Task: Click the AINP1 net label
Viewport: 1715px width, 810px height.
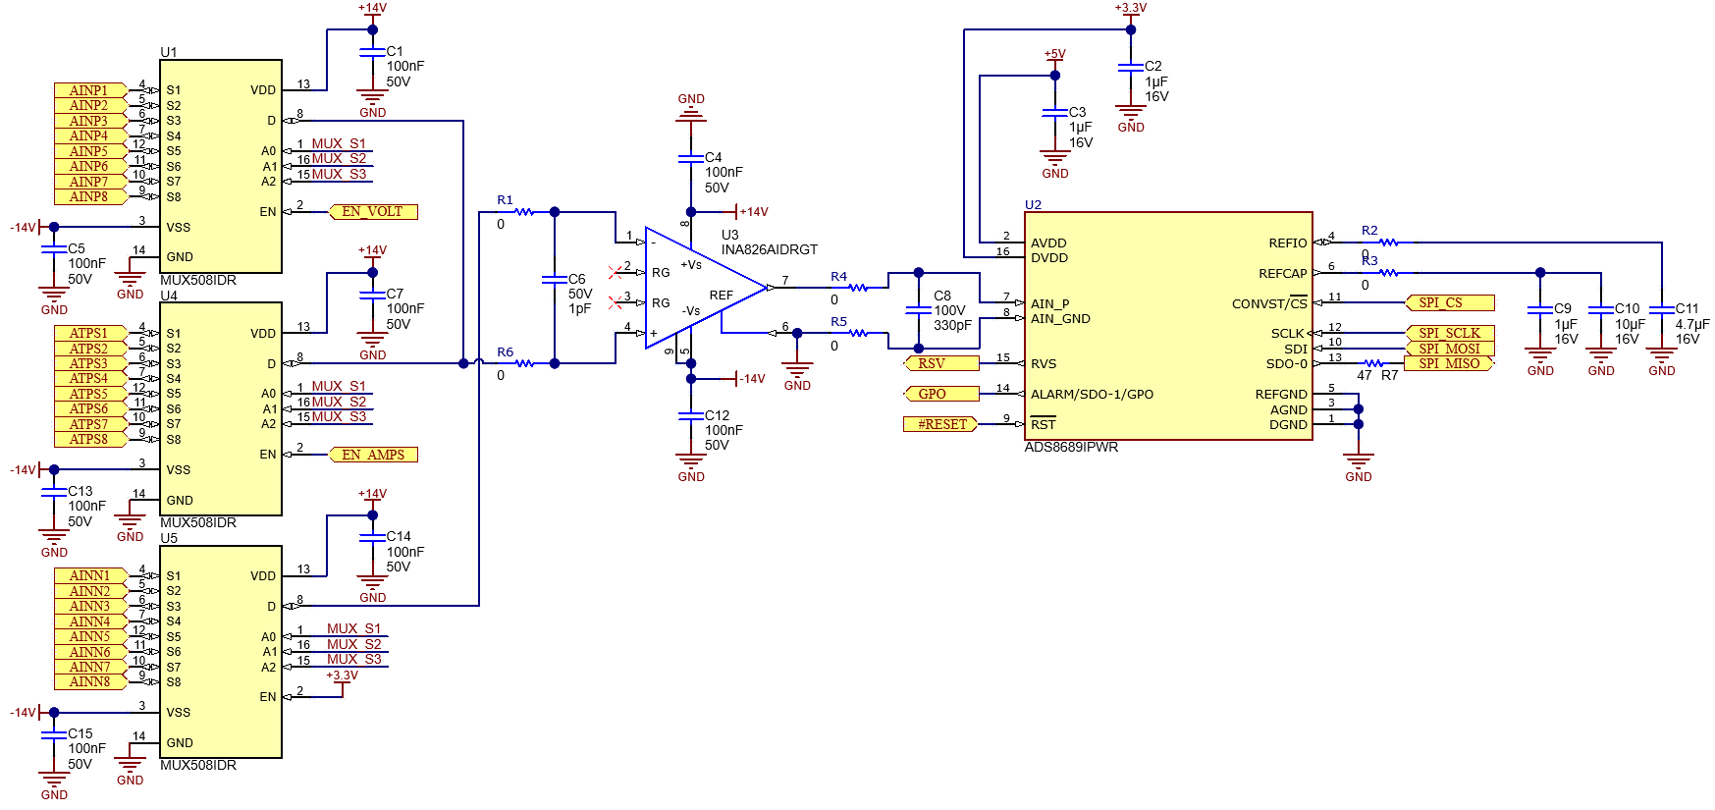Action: (89, 90)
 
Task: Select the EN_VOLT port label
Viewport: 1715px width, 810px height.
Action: (372, 211)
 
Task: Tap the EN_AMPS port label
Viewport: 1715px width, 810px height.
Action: (373, 455)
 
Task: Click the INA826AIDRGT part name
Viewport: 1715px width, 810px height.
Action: (769, 249)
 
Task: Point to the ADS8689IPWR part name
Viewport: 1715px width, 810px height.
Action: (1071, 447)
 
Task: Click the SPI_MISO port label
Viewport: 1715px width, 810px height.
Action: (1449, 363)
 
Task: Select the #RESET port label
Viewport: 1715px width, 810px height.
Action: (941, 424)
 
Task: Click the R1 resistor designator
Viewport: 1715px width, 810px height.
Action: (505, 199)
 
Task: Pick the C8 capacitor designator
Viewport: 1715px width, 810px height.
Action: (941, 295)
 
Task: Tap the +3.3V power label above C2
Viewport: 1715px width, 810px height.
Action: (1130, 8)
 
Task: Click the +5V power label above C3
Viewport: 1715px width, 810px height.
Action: (1054, 54)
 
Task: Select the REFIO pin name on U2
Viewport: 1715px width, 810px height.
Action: (1287, 243)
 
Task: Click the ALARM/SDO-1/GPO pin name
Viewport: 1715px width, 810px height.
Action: (1092, 394)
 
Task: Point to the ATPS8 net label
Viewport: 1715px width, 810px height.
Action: (89, 439)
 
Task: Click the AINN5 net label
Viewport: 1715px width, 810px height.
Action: (89, 636)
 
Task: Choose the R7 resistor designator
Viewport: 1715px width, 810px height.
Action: (1389, 375)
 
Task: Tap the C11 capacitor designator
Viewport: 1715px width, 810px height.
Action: (1687, 308)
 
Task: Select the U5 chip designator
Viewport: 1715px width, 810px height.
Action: (169, 538)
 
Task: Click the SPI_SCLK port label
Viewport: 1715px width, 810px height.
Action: (1449, 333)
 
